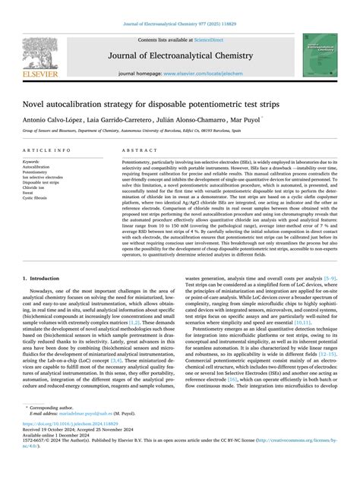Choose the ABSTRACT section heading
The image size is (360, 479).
pyautogui.click(x=136, y=151)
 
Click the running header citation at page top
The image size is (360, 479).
pyautogui.click(x=180, y=24)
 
